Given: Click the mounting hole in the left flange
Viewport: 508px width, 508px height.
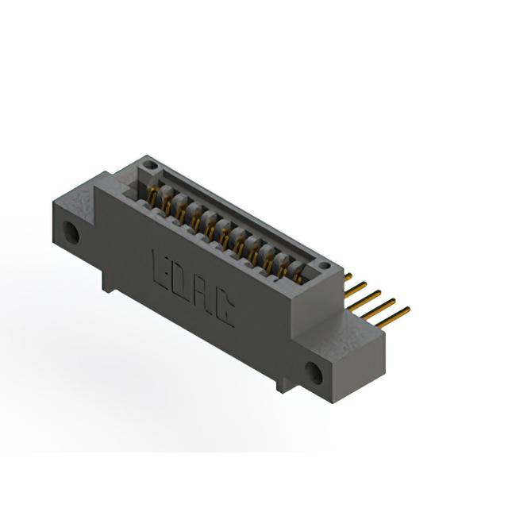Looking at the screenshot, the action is pos(71,232).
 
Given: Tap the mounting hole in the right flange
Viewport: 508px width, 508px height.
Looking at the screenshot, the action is pos(314,373).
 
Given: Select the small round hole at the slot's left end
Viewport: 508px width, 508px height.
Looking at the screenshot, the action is pos(149,165).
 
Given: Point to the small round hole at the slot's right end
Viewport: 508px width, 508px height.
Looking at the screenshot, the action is pos(324,266).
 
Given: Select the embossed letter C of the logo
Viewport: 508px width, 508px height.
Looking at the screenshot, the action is pos(225,309).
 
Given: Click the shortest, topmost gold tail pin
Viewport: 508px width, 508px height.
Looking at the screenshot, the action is pos(348,276).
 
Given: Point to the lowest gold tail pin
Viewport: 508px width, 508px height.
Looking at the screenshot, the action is pos(393,317).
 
